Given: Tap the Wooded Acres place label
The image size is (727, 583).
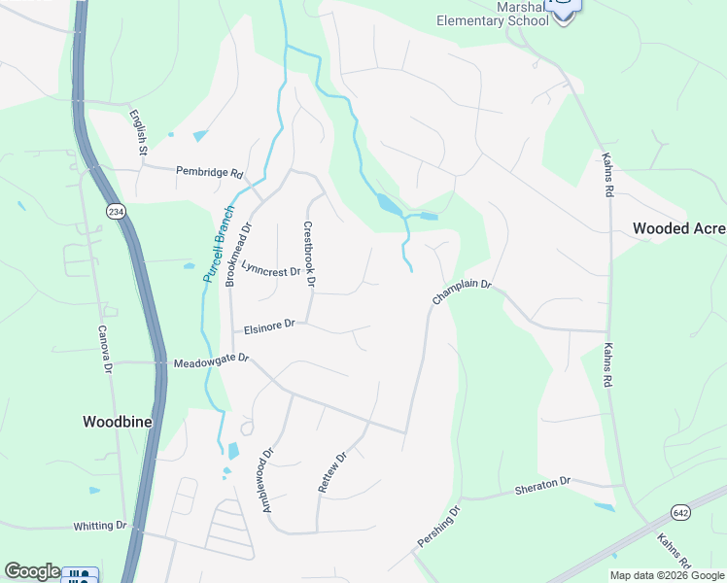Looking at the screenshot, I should (x=679, y=228).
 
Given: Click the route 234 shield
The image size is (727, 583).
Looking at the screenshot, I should (x=117, y=212).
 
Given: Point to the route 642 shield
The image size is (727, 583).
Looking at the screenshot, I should (x=680, y=512).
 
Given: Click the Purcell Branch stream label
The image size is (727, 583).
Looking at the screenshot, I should (x=219, y=244).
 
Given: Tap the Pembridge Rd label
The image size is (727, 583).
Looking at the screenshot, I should (x=209, y=172).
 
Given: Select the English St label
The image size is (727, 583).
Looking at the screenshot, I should (x=139, y=133).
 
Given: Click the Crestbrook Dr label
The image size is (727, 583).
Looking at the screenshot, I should (x=309, y=255).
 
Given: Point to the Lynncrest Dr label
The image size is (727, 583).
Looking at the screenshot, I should (x=271, y=271).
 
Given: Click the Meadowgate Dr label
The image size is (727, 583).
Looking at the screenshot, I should (x=211, y=362).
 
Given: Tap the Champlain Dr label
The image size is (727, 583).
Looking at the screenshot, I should (x=463, y=293).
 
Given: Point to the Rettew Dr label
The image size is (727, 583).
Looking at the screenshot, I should (x=332, y=472).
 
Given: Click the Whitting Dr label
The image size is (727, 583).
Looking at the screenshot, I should (x=100, y=526).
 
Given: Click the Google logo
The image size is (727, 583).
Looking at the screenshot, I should (x=32, y=571).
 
